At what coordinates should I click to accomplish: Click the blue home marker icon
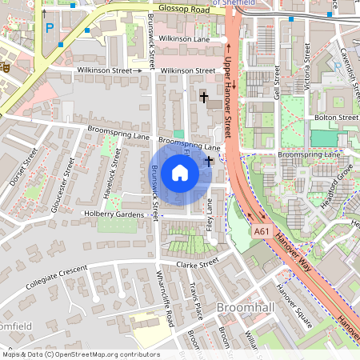coord(180,173)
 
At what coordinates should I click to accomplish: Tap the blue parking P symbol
coord(49,28)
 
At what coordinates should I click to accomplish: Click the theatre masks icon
coord(4,68)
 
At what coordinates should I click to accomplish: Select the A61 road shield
coord(262,230)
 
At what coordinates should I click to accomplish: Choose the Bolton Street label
coord(336,118)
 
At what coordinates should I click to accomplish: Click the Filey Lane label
coord(210,215)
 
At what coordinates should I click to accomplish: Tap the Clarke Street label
coord(197,263)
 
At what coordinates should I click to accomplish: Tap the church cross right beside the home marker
coord(209,161)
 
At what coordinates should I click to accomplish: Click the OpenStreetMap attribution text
coord(81,354)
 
